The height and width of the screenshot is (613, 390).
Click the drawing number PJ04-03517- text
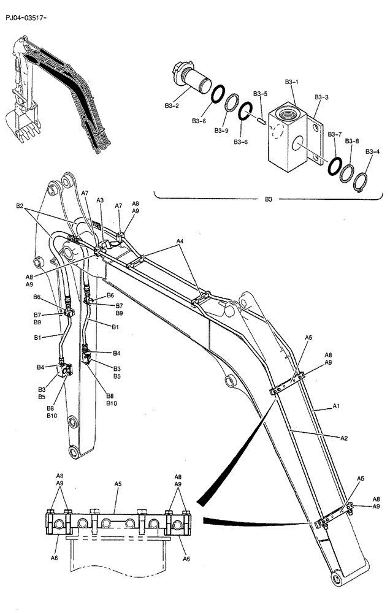pyautogui.click(x=26, y=18)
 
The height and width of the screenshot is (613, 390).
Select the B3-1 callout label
pyautogui.click(x=291, y=82)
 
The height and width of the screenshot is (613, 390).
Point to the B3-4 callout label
pyautogui.click(x=372, y=151)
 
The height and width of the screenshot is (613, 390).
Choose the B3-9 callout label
pyautogui.click(x=221, y=130)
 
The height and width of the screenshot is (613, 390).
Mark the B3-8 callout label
pyautogui.click(x=352, y=141)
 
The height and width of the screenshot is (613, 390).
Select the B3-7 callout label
pyautogui.click(x=334, y=134)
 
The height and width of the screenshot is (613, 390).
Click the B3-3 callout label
pyautogui.click(x=321, y=97)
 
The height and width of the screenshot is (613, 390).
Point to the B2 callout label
pyautogui.click(x=20, y=207)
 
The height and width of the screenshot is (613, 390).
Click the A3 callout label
pyautogui.click(x=100, y=200)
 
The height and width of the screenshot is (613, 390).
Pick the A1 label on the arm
pyautogui.click(x=335, y=405)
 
